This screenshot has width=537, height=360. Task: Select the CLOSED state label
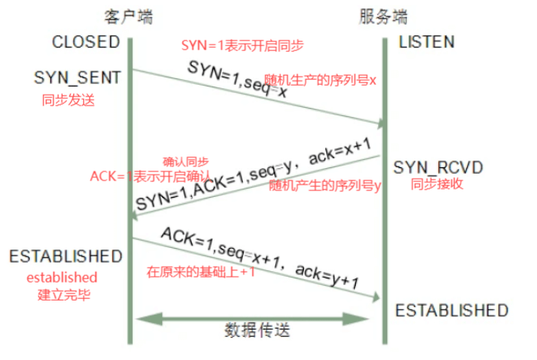pos(86,42)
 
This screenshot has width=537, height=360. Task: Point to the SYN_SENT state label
pos(77,77)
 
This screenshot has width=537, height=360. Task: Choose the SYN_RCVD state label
pos(437,167)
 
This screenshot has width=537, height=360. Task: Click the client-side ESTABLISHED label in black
pos(66,256)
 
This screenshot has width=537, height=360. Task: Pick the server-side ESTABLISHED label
pos(451,311)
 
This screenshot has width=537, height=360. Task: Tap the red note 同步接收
pos(437,185)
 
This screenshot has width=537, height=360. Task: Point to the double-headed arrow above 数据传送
pos(257,316)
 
